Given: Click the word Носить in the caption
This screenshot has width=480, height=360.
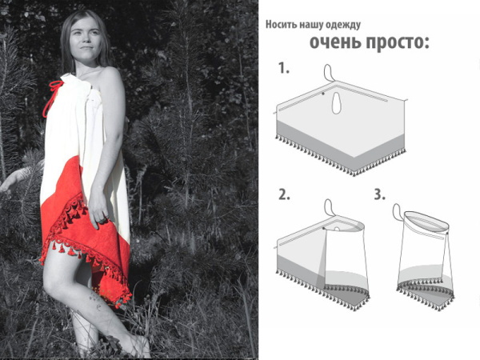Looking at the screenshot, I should point(282,24).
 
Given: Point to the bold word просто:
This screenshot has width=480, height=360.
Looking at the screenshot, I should point(397,42).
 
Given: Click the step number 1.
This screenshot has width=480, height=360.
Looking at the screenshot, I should point(284,69).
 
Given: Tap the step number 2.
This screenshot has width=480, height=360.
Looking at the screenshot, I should point(284,194).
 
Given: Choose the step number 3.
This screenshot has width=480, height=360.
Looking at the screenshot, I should point(380,194).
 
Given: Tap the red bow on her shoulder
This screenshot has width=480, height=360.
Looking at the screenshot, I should point(55,87).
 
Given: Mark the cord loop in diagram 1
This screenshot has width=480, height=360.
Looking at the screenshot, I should point(328,72).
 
